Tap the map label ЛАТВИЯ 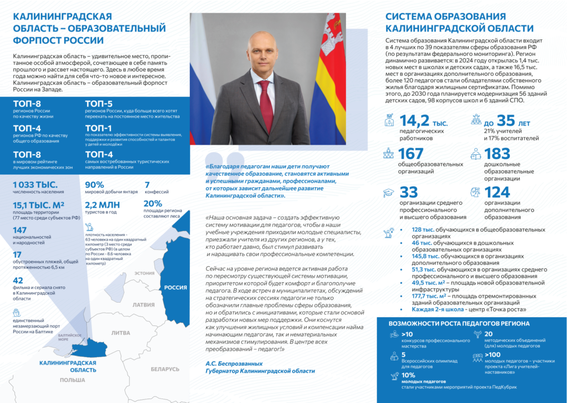[144, 304]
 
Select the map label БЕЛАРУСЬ [165, 369]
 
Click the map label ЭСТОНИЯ [145, 273]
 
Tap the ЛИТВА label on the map [121, 333]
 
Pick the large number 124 [497, 192]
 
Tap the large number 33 [409, 192]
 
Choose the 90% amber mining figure [94, 185]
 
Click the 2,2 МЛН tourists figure [102, 204]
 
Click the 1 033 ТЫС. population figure [34, 185]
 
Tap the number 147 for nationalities [19, 229]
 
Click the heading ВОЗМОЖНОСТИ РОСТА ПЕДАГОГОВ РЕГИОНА [459, 323]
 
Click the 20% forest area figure [153, 203]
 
